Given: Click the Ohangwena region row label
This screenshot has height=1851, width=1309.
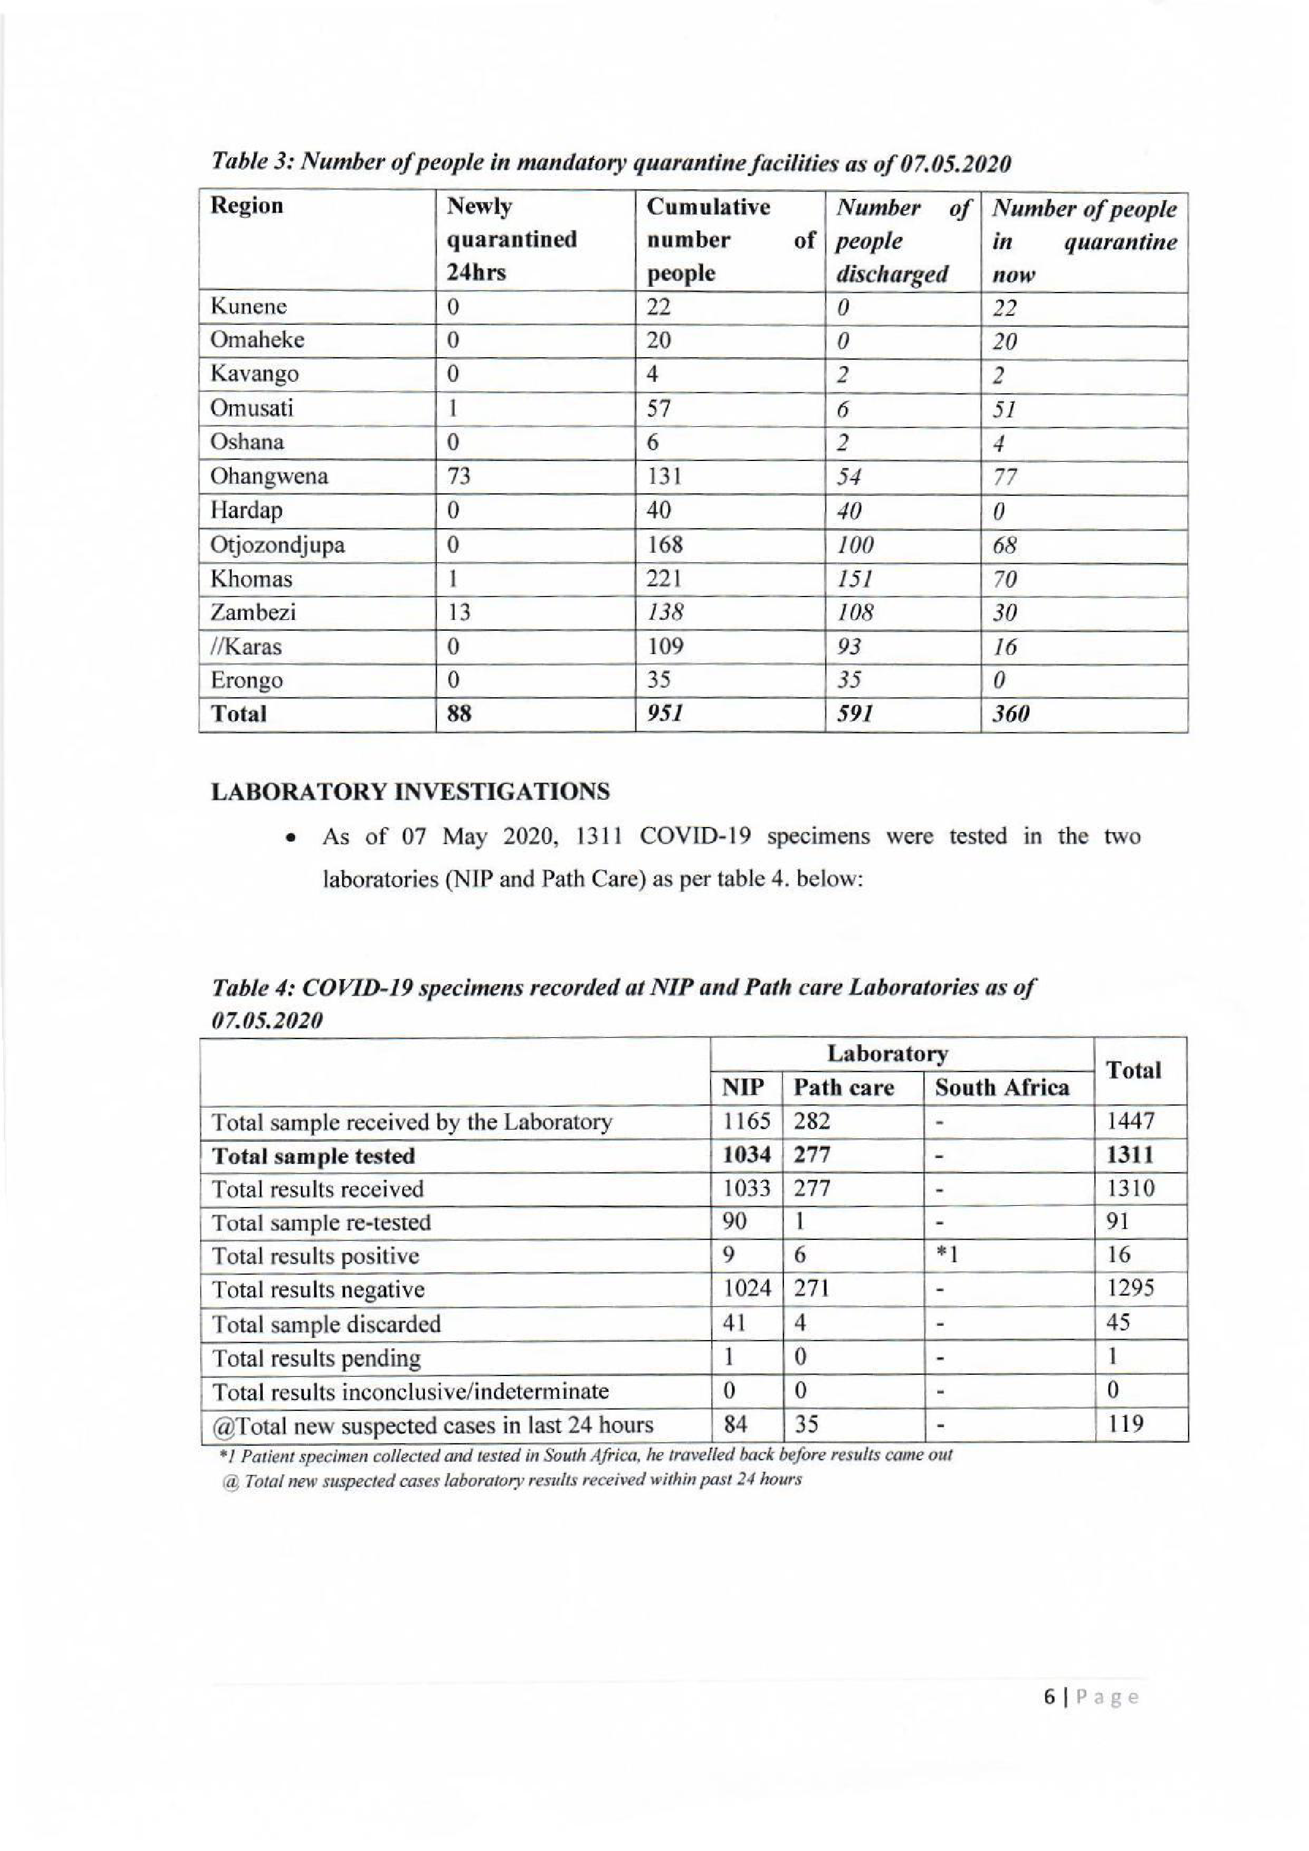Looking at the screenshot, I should (x=269, y=476).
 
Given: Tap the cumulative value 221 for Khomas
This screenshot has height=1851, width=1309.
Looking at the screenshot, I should (x=664, y=579).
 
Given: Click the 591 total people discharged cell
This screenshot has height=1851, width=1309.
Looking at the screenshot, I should (x=855, y=714).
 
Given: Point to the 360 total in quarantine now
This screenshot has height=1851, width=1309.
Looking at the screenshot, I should (x=1011, y=714).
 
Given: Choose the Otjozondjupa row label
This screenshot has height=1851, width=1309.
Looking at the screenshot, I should (x=277, y=545).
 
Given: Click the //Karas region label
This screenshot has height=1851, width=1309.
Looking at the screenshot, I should (x=245, y=647).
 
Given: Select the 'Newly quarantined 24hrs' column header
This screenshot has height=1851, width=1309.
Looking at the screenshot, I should (x=511, y=239).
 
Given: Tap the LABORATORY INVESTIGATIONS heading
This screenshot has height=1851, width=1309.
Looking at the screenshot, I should (x=410, y=792).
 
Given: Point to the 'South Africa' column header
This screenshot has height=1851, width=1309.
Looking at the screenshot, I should (x=1001, y=1087).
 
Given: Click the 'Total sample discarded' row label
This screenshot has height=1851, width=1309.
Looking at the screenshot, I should (x=326, y=1323).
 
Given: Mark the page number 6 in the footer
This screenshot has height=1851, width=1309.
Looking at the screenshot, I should (x=1049, y=1696).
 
